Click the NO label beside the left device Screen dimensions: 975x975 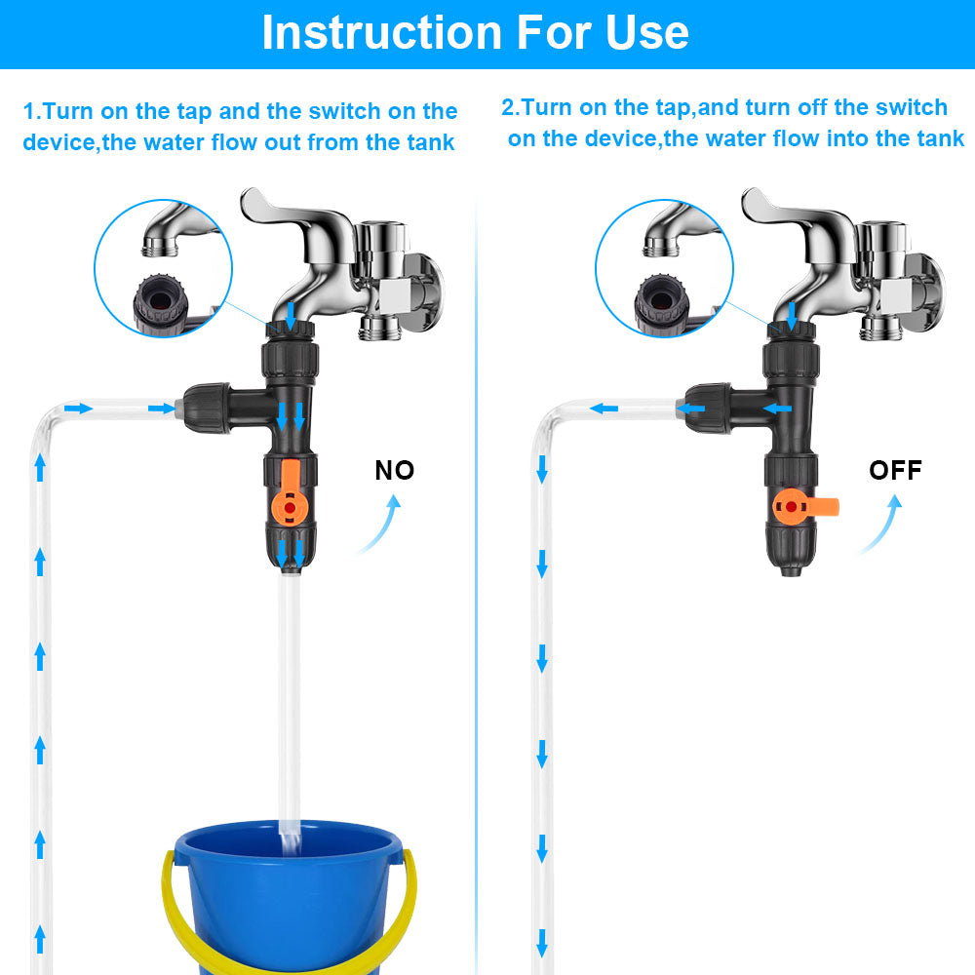(395, 471)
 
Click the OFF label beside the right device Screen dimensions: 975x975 (895, 471)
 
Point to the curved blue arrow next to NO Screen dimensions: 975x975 (380, 526)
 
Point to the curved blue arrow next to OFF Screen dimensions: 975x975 (879, 526)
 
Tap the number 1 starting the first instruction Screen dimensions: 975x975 (29, 111)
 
